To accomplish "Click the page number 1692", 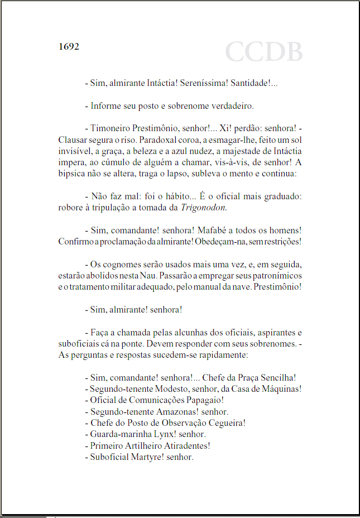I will coord(69,46).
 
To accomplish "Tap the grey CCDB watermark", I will coord(263,52).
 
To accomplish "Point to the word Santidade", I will coord(250,83).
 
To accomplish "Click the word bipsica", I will coord(72,174).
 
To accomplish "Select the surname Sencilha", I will coord(275,378).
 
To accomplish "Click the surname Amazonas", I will coord(172,412).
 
